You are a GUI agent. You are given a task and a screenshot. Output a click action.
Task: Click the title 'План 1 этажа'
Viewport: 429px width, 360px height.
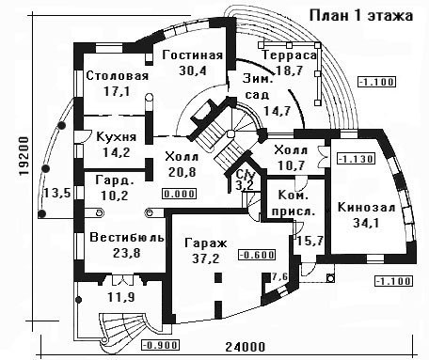click(x=361, y=16)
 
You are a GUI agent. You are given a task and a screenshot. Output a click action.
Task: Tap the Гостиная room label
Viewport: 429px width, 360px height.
click(x=193, y=55)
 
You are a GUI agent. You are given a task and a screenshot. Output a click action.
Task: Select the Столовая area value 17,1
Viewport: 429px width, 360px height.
click(x=117, y=92)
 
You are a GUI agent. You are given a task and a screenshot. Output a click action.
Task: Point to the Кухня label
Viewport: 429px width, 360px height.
click(x=117, y=137)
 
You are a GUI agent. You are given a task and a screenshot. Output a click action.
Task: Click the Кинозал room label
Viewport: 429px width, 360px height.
click(x=366, y=208)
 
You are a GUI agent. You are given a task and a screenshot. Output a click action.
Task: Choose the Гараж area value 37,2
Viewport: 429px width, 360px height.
click(x=206, y=258)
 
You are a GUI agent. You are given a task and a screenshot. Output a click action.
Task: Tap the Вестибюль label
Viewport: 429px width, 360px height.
click(x=127, y=237)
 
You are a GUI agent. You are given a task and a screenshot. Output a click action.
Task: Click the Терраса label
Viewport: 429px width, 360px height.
click(x=290, y=55)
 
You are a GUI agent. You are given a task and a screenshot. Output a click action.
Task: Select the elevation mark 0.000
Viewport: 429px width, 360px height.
click(x=180, y=194)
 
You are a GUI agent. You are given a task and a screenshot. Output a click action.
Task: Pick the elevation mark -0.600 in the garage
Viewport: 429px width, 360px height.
click(x=257, y=255)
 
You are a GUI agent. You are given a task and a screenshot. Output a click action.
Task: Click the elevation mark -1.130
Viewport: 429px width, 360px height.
click(x=356, y=159)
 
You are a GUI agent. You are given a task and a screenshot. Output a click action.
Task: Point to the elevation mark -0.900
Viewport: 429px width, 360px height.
click(x=160, y=345)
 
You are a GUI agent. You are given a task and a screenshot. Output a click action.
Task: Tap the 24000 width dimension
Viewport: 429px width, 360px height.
click(x=246, y=347)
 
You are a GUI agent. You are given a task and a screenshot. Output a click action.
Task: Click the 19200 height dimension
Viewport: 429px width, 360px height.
click(x=24, y=156)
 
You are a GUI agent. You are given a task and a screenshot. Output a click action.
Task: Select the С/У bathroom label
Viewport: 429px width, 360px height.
click(x=246, y=174)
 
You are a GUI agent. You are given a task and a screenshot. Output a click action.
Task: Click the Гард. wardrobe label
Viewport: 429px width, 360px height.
click(x=115, y=180)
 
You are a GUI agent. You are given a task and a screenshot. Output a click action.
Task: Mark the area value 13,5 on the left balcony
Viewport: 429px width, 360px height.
click(x=57, y=193)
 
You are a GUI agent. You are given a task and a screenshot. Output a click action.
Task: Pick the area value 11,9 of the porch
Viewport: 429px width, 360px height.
click(x=121, y=297)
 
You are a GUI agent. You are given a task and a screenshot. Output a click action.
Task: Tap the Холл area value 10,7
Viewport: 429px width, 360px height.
click(x=291, y=165)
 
